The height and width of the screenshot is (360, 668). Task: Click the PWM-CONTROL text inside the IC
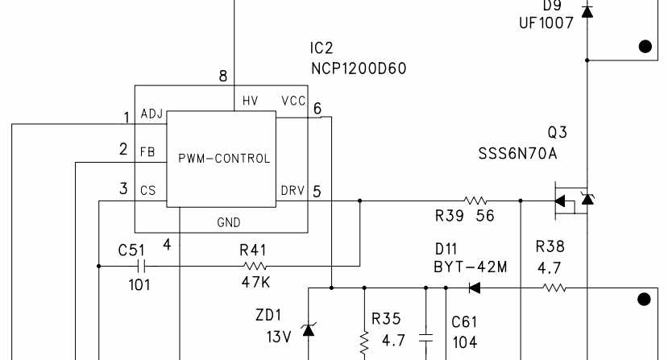point(224,159)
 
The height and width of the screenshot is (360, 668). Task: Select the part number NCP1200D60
point(359,68)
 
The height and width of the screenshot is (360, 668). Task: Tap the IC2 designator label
point(322,48)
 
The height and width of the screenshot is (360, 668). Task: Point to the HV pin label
point(250,101)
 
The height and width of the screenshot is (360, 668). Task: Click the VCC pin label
point(293,101)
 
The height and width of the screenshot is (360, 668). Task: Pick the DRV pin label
point(293,190)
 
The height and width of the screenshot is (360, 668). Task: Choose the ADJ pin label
point(151,114)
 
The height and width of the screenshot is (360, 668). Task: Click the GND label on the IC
point(229,222)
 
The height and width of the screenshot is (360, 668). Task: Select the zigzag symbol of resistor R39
point(475,201)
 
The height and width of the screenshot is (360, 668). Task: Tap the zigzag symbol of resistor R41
point(255,267)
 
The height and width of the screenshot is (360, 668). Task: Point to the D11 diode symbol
point(474,288)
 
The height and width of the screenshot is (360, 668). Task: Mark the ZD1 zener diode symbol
point(308,329)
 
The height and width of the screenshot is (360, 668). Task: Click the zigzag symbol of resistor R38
point(554,288)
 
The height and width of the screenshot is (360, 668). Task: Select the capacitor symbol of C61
point(425,338)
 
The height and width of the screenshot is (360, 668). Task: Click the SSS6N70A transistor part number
point(517,153)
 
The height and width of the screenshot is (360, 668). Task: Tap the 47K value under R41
point(255,282)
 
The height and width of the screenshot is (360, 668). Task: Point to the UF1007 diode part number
point(546,23)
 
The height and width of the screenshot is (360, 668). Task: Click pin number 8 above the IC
point(223,77)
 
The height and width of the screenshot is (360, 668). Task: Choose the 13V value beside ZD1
point(279,337)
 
